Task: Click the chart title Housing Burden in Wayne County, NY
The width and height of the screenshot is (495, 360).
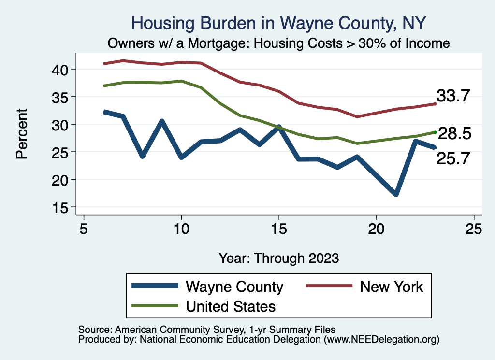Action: (x=279, y=23)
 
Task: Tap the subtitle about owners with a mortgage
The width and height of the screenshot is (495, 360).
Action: (x=279, y=43)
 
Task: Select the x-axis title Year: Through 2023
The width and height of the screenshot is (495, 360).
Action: (x=279, y=258)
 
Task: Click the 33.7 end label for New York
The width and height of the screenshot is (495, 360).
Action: (x=453, y=96)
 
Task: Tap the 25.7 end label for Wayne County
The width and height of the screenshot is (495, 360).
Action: (x=453, y=158)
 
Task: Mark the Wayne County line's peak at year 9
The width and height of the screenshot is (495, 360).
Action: (x=162, y=121)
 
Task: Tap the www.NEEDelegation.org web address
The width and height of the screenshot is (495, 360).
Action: (x=381, y=339)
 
